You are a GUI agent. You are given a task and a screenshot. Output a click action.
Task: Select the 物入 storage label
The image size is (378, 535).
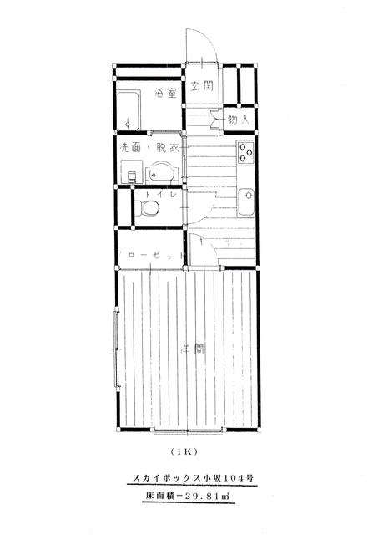239,120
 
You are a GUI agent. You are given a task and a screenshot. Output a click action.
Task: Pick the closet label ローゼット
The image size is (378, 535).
150,255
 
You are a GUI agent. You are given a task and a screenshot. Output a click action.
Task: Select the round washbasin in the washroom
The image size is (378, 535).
161,174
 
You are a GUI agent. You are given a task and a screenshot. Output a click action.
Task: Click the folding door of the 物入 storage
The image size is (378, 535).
215,120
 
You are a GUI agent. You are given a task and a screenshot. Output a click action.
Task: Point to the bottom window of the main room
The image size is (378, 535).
187,431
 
